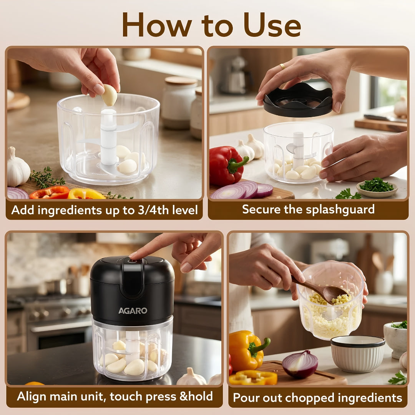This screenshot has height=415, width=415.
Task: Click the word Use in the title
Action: pyautogui.click(x=272, y=25)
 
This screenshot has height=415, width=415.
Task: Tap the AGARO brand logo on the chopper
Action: pyautogui.click(x=133, y=310)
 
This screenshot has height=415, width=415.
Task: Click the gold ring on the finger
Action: pyautogui.click(x=282, y=66)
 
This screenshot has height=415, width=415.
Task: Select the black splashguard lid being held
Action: pyautogui.click(x=298, y=100)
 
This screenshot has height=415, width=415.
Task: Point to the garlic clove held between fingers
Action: pyautogui.click(x=109, y=95)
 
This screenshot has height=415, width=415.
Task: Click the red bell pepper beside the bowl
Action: pyautogui.click(x=226, y=165)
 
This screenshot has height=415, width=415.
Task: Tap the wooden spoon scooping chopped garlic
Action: pyautogui.click(x=322, y=290)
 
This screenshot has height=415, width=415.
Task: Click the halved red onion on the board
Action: pyautogui.click(x=300, y=364)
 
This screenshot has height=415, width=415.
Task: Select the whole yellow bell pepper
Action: pyautogui.click(x=247, y=350)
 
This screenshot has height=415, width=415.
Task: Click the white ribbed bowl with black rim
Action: pyautogui.click(x=358, y=354)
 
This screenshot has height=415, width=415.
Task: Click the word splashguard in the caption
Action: pyautogui.click(x=340, y=210)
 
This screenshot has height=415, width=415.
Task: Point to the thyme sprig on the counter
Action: pyautogui.click(x=47, y=178)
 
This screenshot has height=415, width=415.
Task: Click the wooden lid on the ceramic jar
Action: pyautogui.click(x=181, y=80)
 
